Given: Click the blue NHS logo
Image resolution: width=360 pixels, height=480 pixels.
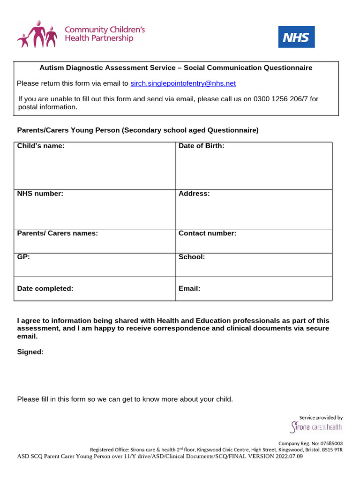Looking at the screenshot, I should coord(296,37).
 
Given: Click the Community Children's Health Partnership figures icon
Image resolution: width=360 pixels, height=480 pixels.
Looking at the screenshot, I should coord(37,34).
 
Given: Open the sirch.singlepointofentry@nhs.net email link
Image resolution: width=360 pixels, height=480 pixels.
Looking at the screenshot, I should coord(183,83).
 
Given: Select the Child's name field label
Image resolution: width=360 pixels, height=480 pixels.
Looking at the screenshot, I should coord(40,146).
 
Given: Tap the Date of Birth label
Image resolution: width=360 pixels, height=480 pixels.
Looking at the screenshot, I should coord(201,146).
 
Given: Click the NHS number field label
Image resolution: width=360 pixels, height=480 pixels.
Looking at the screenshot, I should coord(40,194).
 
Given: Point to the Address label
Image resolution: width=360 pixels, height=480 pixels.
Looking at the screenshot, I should coord(194,194).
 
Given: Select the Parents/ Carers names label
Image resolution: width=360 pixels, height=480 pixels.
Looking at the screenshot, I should coord(57,233).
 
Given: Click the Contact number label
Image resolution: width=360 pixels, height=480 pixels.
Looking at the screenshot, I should coord(207,233).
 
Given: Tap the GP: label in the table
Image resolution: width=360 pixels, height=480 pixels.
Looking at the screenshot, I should coord(23,257).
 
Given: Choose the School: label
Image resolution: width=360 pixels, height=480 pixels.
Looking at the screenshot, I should coord(191,257).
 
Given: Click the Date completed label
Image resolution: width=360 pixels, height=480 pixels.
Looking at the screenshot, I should coord(45,289).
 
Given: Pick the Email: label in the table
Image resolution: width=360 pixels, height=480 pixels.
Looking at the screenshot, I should coord(189,289).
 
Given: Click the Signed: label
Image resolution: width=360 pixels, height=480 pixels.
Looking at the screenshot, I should coord(30,352).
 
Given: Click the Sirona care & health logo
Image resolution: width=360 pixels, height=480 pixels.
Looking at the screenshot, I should coord(316,427).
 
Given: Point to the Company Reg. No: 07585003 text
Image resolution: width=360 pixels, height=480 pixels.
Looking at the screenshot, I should coord(310,443).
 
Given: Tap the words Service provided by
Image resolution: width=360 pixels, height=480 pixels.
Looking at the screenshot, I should coord(321,417).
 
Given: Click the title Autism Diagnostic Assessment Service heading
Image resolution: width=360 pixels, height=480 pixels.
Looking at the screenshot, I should coord(176,67).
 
